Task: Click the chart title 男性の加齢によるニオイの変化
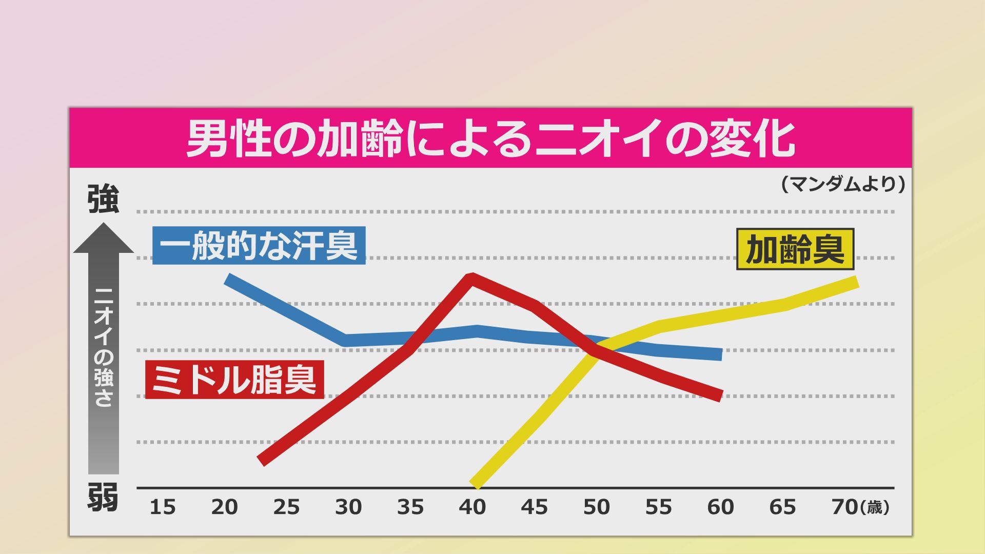pyautogui.click(x=490, y=139)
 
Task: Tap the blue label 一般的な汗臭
pyautogui.click(x=259, y=246)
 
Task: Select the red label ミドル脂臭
pyautogui.click(x=234, y=380)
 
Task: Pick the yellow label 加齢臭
pyautogui.click(x=795, y=250)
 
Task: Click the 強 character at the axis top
pyautogui.click(x=103, y=199)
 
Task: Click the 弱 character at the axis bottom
pyautogui.click(x=103, y=497)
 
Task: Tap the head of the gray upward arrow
pyautogui.click(x=104, y=239)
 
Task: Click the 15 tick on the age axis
pyautogui.click(x=163, y=507)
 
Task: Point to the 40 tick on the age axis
pyautogui.click(x=472, y=507)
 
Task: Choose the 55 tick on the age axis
pyautogui.click(x=658, y=507)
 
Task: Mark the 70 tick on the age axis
pyautogui.click(x=844, y=507)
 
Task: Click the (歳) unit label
pyautogui.click(x=875, y=508)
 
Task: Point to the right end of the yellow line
pyautogui.click(x=856, y=282)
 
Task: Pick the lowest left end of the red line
pyautogui.click(x=262, y=461)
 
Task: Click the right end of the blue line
pyautogui.click(x=720, y=354)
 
